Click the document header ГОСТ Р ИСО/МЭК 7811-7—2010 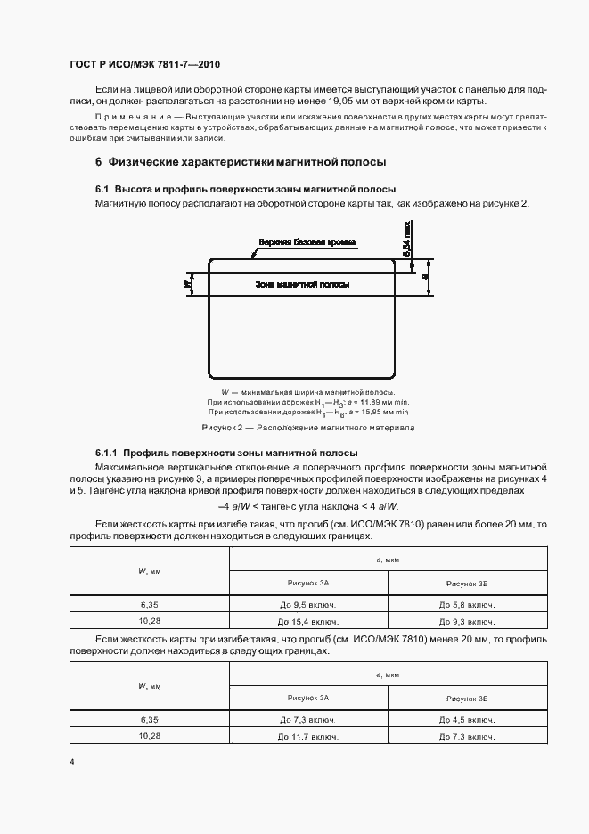[x=143, y=66]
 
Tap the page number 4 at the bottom [x=71, y=762]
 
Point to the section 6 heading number [x=98, y=163]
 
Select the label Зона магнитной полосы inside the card [x=301, y=284]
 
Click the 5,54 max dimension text [x=406, y=241]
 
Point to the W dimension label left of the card [x=187, y=282]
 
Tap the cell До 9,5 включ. [x=307, y=604]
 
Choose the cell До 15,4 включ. [x=307, y=621]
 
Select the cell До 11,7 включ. [x=307, y=736]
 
